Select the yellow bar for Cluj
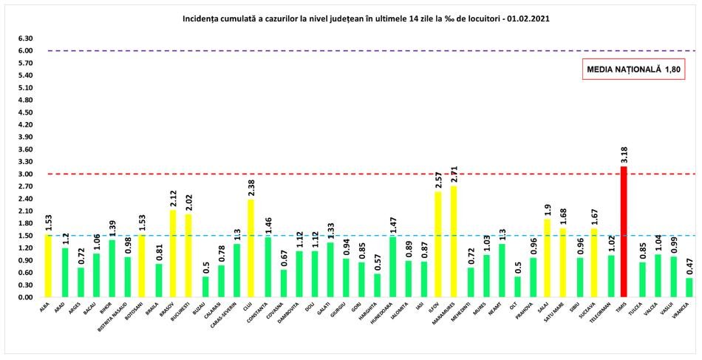click(x=251, y=248)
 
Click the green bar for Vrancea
click(x=689, y=287)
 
